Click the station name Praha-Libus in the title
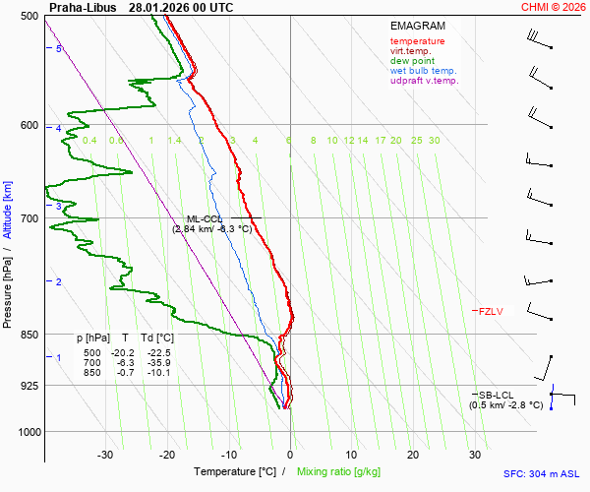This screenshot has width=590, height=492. pos(84,7)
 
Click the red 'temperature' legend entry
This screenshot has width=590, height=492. pos(417,41)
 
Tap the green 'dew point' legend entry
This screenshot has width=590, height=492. pos(411,61)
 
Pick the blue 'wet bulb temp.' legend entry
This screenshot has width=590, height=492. pos(423,71)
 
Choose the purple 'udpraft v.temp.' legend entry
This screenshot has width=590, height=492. pos(424,81)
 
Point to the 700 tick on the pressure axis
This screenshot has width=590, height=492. pos(29,218)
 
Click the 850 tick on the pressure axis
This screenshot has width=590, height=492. pos(29,336)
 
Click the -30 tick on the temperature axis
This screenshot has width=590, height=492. pos(106,455)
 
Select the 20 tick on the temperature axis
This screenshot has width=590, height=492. pos(413,455)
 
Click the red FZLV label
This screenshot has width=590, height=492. pos(491,312)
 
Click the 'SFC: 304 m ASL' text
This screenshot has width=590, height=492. pos(541,473)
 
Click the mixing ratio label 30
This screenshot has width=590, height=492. pos(434,141)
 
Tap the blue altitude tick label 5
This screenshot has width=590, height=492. pos(59,48)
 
